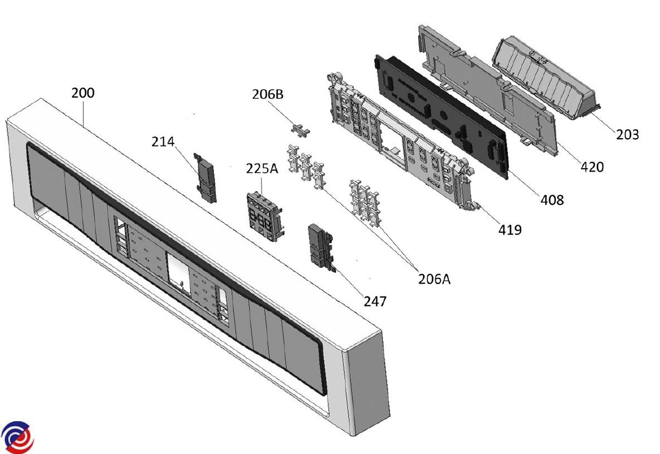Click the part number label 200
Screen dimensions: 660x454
[83, 92]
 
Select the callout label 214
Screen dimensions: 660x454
[163, 141]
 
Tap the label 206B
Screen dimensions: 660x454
[268, 94]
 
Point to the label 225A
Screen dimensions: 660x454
[262, 168]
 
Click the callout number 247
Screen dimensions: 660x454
[375, 301]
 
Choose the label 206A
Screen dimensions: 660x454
[434, 279]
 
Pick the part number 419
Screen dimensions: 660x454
[509, 230]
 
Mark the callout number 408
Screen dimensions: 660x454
[552, 200]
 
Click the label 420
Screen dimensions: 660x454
[592, 167]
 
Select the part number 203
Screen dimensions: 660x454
[627, 135]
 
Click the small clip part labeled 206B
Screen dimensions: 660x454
[302, 130]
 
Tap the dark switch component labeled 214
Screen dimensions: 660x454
[205, 178]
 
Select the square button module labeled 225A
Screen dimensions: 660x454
[264, 217]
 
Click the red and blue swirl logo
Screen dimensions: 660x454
[17, 438]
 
